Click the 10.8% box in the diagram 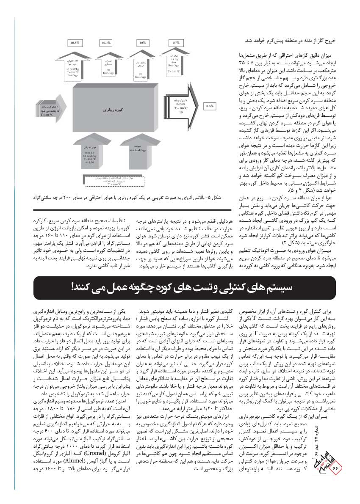pyautogui.click(x=75, y=43)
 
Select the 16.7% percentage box pyautogui.click(x=106, y=43)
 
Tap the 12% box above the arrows pyautogui.click(x=142, y=43)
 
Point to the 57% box pyautogui.click(x=176, y=43)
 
